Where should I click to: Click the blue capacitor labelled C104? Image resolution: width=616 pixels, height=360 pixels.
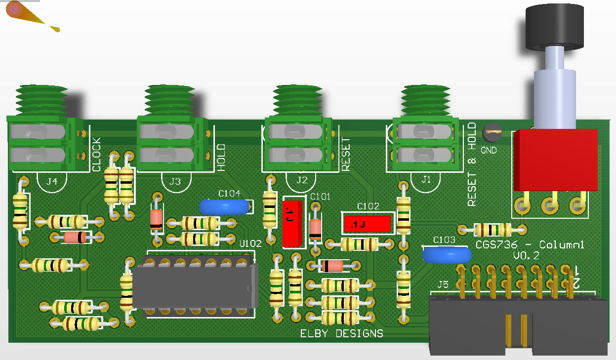(224, 207)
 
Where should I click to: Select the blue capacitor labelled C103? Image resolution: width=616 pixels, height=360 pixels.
(447, 255)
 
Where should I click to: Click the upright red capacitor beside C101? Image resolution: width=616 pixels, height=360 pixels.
(293, 223)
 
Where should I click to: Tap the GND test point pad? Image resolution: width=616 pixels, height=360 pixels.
(492, 132)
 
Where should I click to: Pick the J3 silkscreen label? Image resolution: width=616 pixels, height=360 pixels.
(175, 182)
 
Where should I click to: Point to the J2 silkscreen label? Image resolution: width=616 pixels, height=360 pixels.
(301, 180)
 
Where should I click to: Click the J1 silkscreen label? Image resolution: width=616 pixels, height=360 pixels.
(426, 180)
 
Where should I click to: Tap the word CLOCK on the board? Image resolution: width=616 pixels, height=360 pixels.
(96, 155)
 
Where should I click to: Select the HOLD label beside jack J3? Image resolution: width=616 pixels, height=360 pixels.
(221, 158)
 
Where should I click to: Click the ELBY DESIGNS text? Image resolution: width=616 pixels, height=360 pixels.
(341, 334)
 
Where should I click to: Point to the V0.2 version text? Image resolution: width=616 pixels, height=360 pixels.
(526, 256)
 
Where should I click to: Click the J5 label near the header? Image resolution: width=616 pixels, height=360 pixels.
(443, 284)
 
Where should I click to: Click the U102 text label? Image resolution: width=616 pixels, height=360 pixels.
(250, 243)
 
